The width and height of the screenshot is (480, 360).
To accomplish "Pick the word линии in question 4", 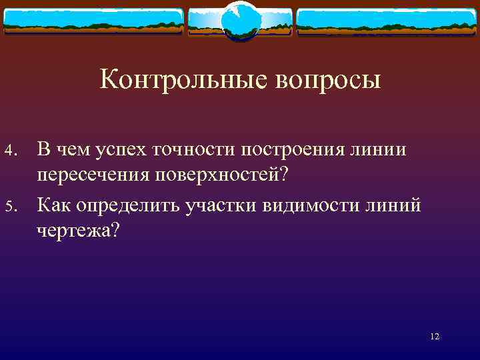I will click(380, 150).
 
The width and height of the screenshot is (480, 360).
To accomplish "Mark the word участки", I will click(224, 206).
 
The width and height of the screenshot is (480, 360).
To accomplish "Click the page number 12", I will click(435, 337).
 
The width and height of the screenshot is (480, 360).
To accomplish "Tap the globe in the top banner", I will click(239, 20).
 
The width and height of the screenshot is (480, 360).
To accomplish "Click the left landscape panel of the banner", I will click(93, 22).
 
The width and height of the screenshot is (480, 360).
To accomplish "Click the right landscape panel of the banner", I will click(387, 22).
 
